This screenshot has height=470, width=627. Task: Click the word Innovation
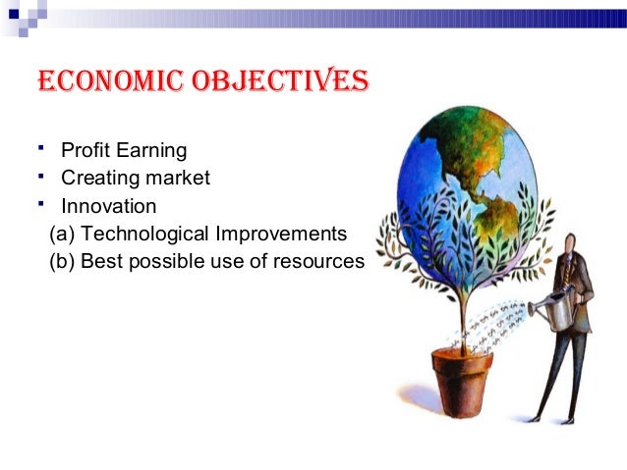point(108,207)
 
